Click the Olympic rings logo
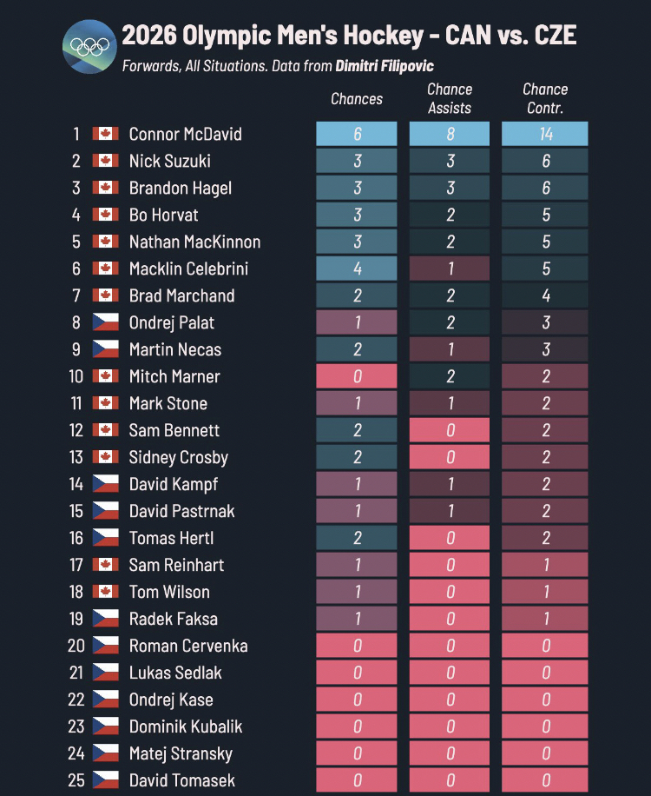(x=89, y=47)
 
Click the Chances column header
(x=357, y=99)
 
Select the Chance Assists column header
(x=450, y=99)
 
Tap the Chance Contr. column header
(x=545, y=99)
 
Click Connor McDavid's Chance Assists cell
(x=450, y=134)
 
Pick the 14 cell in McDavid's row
(x=545, y=134)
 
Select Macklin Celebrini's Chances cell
(x=357, y=269)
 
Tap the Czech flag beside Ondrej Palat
(x=105, y=322)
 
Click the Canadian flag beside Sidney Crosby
(x=105, y=457)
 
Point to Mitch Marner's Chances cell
(x=357, y=376)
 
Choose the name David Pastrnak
(x=181, y=511)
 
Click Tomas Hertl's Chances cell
(x=357, y=538)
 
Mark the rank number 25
(x=76, y=780)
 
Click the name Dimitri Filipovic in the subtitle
(x=385, y=66)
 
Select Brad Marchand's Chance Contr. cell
(x=545, y=295)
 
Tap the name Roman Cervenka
(x=188, y=646)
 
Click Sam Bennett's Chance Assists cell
(x=450, y=430)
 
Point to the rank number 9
(x=76, y=349)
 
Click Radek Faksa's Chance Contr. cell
(x=545, y=619)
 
